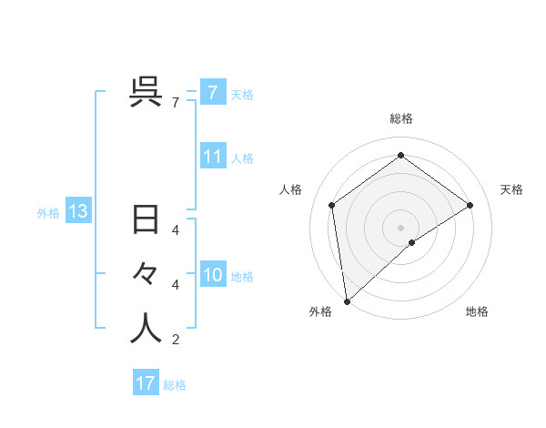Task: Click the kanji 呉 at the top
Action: [x=147, y=92]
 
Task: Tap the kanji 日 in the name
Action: [x=147, y=221]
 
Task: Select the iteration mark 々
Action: [x=147, y=274]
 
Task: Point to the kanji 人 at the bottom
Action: [x=147, y=328]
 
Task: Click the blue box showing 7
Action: [x=212, y=92]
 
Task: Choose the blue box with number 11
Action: [x=212, y=156]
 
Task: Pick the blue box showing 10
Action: [x=212, y=274]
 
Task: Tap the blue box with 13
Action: [x=78, y=212]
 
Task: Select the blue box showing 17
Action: [x=146, y=383]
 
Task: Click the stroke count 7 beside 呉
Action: [x=175, y=103]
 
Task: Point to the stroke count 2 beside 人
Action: [x=175, y=340]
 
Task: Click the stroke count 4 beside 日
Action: [x=175, y=230]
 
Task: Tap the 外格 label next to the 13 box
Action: [x=48, y=213]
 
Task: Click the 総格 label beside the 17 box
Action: [x=175, y=385]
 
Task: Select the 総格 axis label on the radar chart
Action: [x=400, y=118]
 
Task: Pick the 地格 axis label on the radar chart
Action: [x=477, y=311]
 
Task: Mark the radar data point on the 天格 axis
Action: [x=470, y=205]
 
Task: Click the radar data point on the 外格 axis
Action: [x=346, y=301]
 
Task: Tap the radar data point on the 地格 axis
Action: [x=412, y=242]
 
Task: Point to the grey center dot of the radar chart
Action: [x=400, y=227]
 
